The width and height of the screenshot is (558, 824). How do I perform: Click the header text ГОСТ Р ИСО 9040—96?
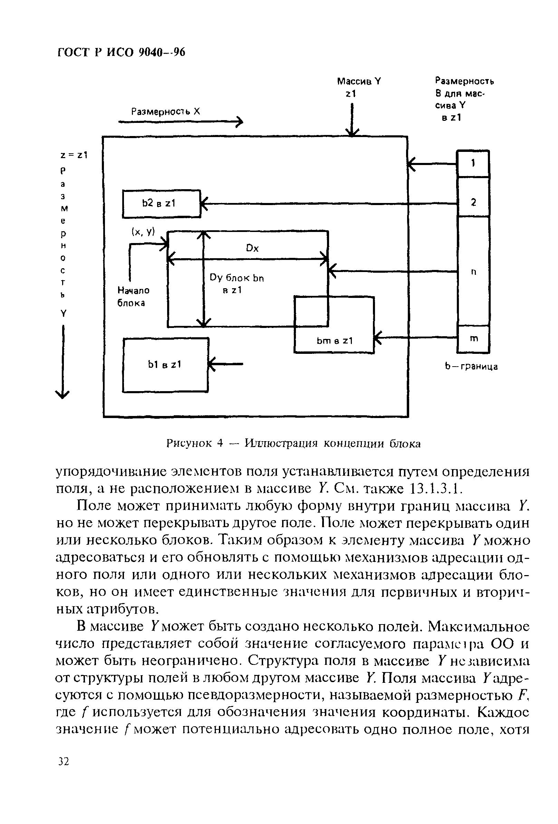[121, 52]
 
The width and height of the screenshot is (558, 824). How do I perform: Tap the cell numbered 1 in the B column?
[473, 163]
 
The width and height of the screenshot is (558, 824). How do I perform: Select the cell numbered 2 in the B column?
[473, 202]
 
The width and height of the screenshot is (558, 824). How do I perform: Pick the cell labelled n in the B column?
[473, 272]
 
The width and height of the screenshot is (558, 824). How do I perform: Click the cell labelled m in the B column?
[473, 339]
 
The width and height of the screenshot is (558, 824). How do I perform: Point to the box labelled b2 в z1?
[161, 204]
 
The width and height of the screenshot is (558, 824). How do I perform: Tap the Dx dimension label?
[252, 248]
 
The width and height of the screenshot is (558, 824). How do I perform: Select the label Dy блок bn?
[237, 278]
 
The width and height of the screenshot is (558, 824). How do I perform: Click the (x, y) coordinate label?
[143, 232]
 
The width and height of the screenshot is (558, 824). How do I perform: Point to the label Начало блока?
[133, 297]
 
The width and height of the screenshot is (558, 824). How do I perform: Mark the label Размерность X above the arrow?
[166, 112]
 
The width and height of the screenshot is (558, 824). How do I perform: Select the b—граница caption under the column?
[471, 367]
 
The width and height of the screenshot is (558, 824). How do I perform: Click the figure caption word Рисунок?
[189, 443]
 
